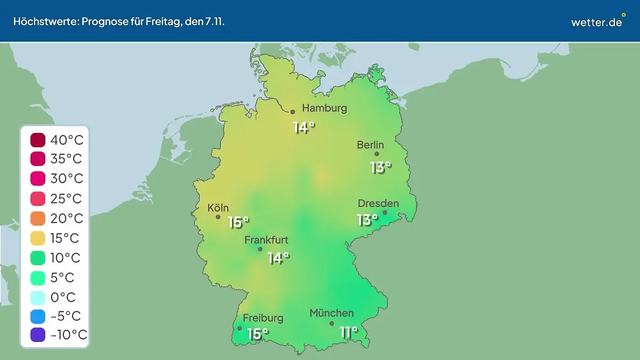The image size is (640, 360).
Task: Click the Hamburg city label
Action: (x=324, y=108)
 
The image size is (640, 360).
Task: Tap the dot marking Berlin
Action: (x=377, y=154)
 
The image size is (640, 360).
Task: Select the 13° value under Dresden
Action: (x=367, y=219)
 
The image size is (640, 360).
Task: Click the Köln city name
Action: (x=218, y=208)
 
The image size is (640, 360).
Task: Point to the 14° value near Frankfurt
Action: (x=278, y=258)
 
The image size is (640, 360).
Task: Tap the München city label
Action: (x=331, y=313)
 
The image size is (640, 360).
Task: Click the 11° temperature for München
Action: (x=349, y=333)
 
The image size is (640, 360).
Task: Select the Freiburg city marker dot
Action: (x=239, y=329)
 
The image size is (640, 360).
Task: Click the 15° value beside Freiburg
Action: (x=258, y=334)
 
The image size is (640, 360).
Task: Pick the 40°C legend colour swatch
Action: (x=38, y=140)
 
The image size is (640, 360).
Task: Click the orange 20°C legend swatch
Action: (x=38, y=219)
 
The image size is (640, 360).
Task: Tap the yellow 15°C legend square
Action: (x=38, y=238)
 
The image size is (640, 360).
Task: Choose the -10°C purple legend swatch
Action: (x=38, y=335)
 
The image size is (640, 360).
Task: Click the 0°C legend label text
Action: (x=63, y=297)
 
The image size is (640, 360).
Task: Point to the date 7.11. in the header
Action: (x=211, y=22)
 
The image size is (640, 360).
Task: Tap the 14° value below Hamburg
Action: (x=304, y=127)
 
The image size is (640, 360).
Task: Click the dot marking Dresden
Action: (x=385, y=212)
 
